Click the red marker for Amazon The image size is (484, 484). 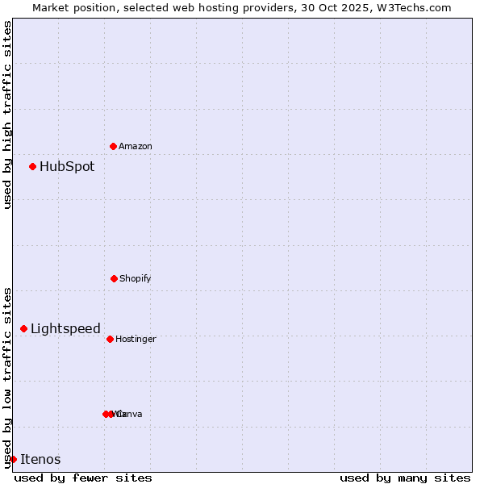pyautogui.click(x=113, y=146)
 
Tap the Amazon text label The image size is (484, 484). pyautogui.click(x=136, y=147)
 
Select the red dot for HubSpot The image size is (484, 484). pyautogui.click(x=32, y=166)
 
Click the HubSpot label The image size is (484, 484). pyautogui.click(x=67, y=167)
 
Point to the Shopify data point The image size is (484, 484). pyautogui.click(x=114, y=278)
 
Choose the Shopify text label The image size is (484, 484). pyautogui.click(x=136, y=279)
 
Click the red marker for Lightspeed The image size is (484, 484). pyautogui.click(x=23, y=328)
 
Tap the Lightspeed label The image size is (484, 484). pyautogui.click(x=65, y=329)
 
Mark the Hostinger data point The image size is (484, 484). pyautogui.click(x=110, y=339)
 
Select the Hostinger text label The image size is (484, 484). pyautogui.click(x=136, y=340)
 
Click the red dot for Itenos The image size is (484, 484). pyautogui.click(x=13, y=459)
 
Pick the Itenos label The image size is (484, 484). pyautogui.click(x=40, y=460)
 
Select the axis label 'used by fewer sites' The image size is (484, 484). pyautogui.click(x=83, y=478)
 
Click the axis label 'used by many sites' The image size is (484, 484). pyautogui.click(x=405, y=478)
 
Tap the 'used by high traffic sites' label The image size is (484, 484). pyautogui.click(x=7, y=115)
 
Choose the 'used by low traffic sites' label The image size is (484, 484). pyautogui.click(x=7, y=378)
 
